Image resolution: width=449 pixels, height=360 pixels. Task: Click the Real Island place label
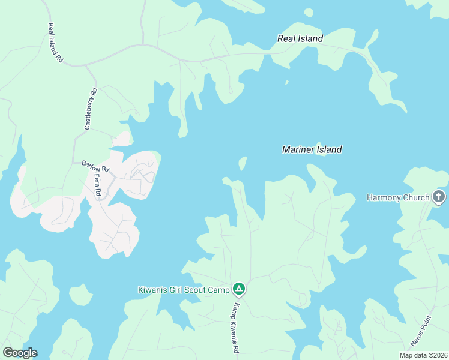(x=300, y=38)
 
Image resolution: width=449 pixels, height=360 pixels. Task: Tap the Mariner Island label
(x=312, y=149)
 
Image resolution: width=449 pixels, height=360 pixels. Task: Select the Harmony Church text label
(x=398, y=197)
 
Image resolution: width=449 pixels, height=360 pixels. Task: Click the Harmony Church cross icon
(x=439, y=197)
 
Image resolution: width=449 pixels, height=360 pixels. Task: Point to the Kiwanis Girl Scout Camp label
(x=184, y=290)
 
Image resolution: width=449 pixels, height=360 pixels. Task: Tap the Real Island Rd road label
(x=55, y=43)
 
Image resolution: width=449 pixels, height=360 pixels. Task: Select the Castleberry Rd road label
(x=91, y=109)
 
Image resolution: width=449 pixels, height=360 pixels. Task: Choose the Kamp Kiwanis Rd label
(x=237, y=328)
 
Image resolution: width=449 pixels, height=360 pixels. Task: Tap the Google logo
(x=20, y=353)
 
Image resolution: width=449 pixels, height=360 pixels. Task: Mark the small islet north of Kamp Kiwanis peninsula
(x=243, y=163)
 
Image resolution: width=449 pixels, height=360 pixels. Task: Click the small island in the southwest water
(x=80, y=295)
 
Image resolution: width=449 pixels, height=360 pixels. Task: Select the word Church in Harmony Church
(x=415, y=197)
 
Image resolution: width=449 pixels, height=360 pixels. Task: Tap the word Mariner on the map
(x=298, y=149)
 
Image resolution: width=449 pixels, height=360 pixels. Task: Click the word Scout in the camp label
(x=195, y=290)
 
